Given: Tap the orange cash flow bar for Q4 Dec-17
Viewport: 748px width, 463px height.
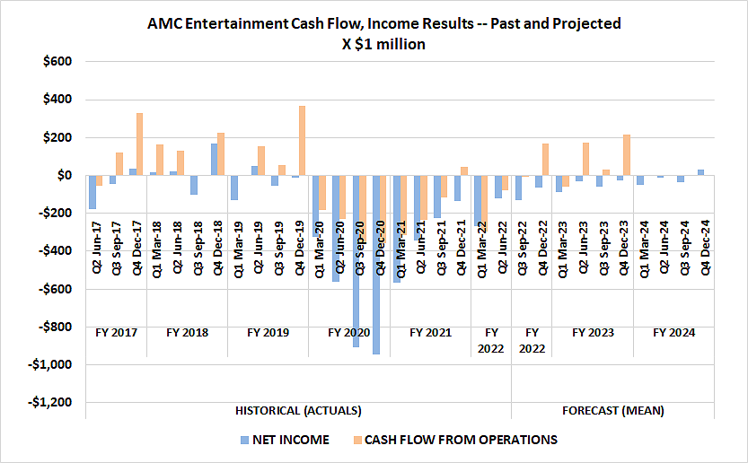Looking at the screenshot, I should coord(139,144).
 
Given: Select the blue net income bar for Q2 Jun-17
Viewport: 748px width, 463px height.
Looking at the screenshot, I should coord(92,192).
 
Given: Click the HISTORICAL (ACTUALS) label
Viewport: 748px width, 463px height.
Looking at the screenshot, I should coord(298,411).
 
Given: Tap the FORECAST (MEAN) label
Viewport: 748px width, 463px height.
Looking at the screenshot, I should coord(612,411).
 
